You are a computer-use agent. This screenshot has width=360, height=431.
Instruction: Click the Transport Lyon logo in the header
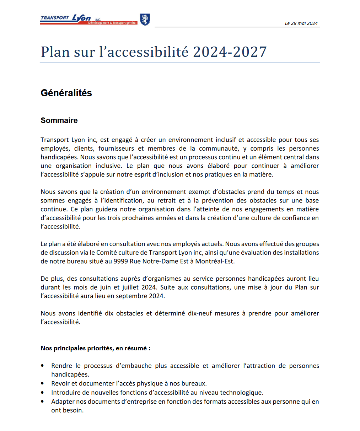click(88, 19)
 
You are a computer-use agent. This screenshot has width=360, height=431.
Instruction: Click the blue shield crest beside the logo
click(145, 19)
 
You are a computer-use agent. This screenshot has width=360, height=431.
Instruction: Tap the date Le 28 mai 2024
click(301, 23)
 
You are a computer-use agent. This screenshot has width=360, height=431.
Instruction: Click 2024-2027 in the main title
click(230, 52)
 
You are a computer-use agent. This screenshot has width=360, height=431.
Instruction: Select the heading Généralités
click(66, 93)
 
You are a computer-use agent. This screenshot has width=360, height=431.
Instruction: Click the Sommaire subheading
click(59, 120)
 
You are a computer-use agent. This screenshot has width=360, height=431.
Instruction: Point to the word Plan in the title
click(55, 52)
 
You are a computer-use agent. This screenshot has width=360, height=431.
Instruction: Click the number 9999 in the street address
click(120, 261)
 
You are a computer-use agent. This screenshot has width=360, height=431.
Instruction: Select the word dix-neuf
click(198, 313)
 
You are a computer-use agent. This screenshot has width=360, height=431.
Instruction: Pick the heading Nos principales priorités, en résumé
click(95, 348)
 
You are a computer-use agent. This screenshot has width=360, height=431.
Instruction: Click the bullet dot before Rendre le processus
click(43, 366)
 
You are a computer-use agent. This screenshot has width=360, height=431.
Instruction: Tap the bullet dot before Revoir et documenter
click(43, 383)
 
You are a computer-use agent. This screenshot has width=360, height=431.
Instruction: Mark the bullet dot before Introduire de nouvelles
click(43, 393)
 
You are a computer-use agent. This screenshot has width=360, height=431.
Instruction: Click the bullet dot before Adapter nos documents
click(43, 402)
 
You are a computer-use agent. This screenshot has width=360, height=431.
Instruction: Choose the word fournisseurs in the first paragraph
click(116, 149)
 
